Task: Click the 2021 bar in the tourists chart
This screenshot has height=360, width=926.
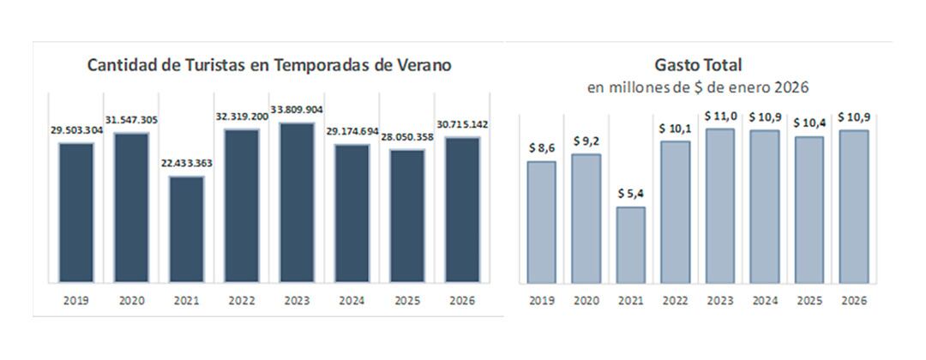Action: (x=187, y=230)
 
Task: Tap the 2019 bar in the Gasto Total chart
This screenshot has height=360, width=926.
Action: (x=541, y=222)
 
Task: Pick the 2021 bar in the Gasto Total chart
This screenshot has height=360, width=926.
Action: (x=630, y=244)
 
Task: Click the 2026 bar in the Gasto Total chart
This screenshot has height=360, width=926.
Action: (x=853, y=206)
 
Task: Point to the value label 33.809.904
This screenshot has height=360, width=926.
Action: (x=298, y=110)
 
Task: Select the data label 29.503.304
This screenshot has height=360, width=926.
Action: (x=76, y=130)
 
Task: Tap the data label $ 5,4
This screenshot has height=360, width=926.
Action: (x=631, y=194)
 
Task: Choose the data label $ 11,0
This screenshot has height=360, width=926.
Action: (x=720, y=116)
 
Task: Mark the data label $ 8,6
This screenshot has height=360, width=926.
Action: (x=542, y=148)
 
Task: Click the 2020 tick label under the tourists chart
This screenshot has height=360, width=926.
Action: (x=131, y=301)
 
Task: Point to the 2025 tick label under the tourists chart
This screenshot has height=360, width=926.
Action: (x=407, y=301)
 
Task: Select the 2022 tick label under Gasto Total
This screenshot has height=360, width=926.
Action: (x=675, y=301)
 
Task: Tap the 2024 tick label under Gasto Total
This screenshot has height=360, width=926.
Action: (x=764, y=301)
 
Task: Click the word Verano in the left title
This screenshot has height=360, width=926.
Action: (x=424, y=65)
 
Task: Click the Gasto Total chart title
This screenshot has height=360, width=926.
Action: (x=698, y=65)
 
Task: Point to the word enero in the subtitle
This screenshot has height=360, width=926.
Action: (x=744, y=87)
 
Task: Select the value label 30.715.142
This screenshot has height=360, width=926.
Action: (x=463, y=125)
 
